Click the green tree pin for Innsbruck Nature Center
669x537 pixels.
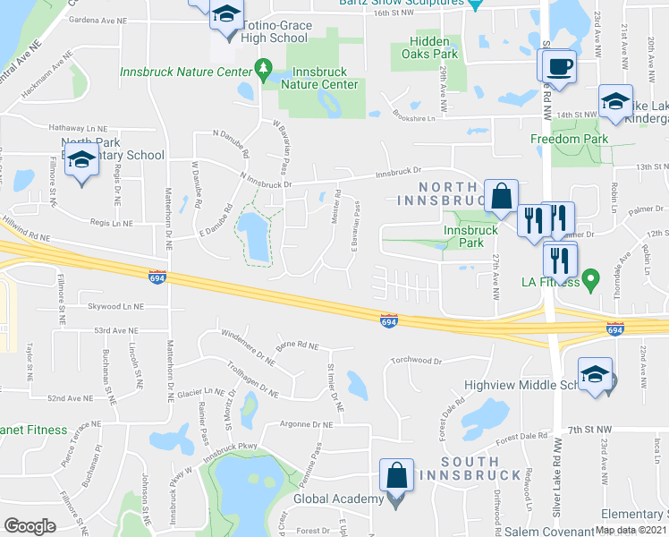263,68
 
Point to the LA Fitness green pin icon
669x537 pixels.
590,284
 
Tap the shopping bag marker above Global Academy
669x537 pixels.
396,474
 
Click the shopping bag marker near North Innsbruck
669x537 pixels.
502,195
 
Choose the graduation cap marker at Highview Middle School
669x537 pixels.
595,376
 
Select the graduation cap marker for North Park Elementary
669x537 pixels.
81,161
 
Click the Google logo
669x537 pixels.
30,526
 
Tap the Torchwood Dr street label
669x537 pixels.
413,362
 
